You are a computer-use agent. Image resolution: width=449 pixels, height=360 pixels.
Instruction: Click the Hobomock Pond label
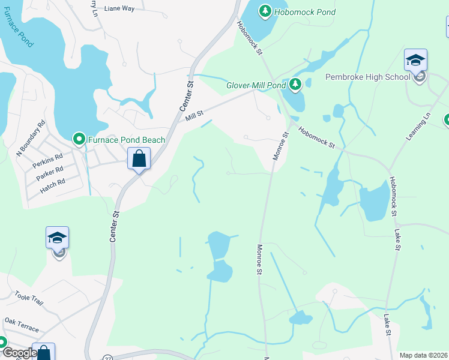pos(306,11)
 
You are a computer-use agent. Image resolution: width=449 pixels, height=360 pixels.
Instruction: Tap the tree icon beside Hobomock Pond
pos(265,11)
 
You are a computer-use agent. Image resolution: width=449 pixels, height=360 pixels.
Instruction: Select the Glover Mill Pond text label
pos(256,85)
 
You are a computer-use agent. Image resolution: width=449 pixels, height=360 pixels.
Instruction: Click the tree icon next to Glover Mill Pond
pos(295,85)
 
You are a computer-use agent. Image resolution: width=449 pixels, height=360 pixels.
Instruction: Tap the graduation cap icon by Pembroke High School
pos(415,60)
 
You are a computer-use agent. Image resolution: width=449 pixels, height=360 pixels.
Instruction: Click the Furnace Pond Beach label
pos(127,140)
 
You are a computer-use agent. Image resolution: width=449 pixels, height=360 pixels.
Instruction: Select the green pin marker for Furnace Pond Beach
pos(79,140)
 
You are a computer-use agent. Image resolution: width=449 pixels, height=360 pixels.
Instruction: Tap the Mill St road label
pos(194,114)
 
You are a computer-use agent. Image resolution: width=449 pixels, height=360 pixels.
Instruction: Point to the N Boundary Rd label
pos(31,139)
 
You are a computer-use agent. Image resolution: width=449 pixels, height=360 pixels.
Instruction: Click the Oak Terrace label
pos(22,325)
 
